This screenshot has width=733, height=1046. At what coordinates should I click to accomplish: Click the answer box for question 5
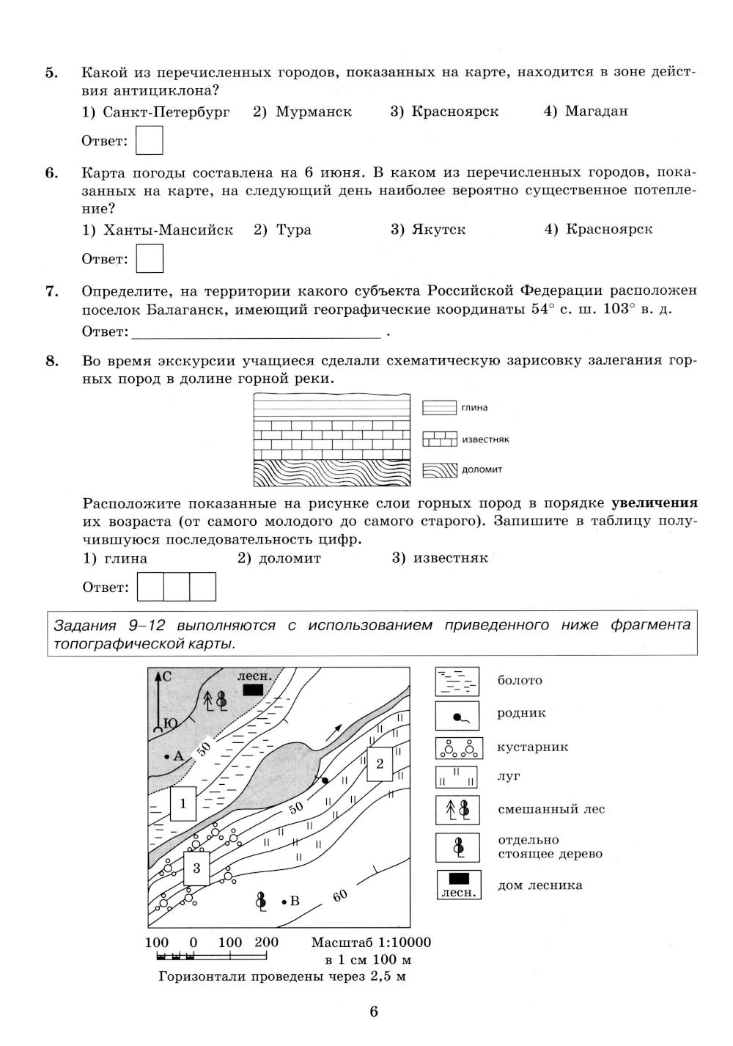[x=150, y=140]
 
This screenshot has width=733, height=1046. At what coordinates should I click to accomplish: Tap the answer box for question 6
[x=150, y=258]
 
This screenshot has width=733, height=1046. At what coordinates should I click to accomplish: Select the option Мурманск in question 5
[x=303, y=111]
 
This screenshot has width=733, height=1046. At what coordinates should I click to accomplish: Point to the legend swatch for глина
[x=440, y=408]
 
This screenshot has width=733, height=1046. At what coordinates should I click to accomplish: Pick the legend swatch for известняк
[x=440, y=439]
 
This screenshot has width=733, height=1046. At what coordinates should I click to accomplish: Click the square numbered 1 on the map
[x=183, y=803]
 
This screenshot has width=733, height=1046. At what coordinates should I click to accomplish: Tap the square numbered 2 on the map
[x=380, y=764]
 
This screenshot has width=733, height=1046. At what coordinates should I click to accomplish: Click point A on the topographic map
[x=168, y=756]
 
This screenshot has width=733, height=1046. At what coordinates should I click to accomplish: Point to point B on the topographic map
[x=284, y=901]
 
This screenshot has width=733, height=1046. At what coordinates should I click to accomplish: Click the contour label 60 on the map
[x=339, y=896]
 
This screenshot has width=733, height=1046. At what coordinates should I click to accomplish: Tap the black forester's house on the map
[x=253, y=690]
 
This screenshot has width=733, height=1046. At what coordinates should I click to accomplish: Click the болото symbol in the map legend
[x=457, y=681]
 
